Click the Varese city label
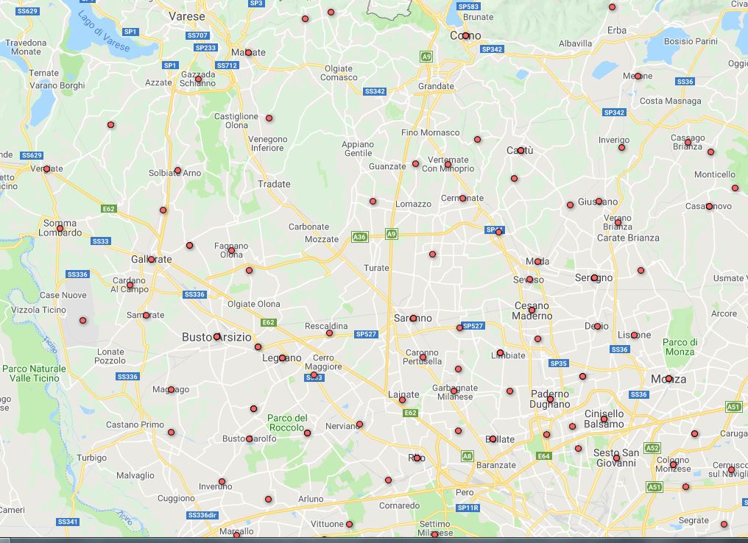pos(186,15)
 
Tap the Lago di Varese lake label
pos(104,32)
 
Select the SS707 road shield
pos(197,35)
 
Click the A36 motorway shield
pos(359,237)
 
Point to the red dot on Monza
pos(668,379)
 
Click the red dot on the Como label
pos(465,35)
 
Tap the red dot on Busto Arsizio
pos(216,336)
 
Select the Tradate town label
pos(274,184)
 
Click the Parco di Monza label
pos(680,347)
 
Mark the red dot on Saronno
pos(413,319)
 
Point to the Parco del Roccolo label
pos(286,422)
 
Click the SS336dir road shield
pos(204,515)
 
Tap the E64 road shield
pos(543,456)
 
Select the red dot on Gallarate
pos(151,259)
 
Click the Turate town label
pos(376,268)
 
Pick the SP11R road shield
pos(467,508)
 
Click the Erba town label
pos(616,30)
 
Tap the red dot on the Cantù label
pos(521,150)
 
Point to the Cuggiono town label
pos(176,498)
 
